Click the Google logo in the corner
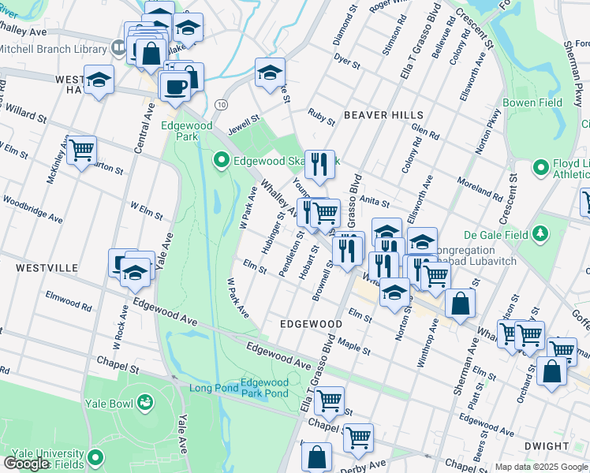pyautogui.click(x=26, y=464)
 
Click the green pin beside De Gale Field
pyautogui.click(x=539, y=233)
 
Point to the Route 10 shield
pyautogui.click(x=221, y=104)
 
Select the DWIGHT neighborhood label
pyautogui.click(x=546, y=446)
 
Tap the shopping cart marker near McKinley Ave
pyautogui.click(x=81, y=148)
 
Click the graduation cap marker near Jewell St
pyautogui.click(x=270, y=72)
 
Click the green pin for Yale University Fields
pyautogui.click(x=95, y=456)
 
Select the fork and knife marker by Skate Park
pyautogui.click(x=319, y=164)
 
